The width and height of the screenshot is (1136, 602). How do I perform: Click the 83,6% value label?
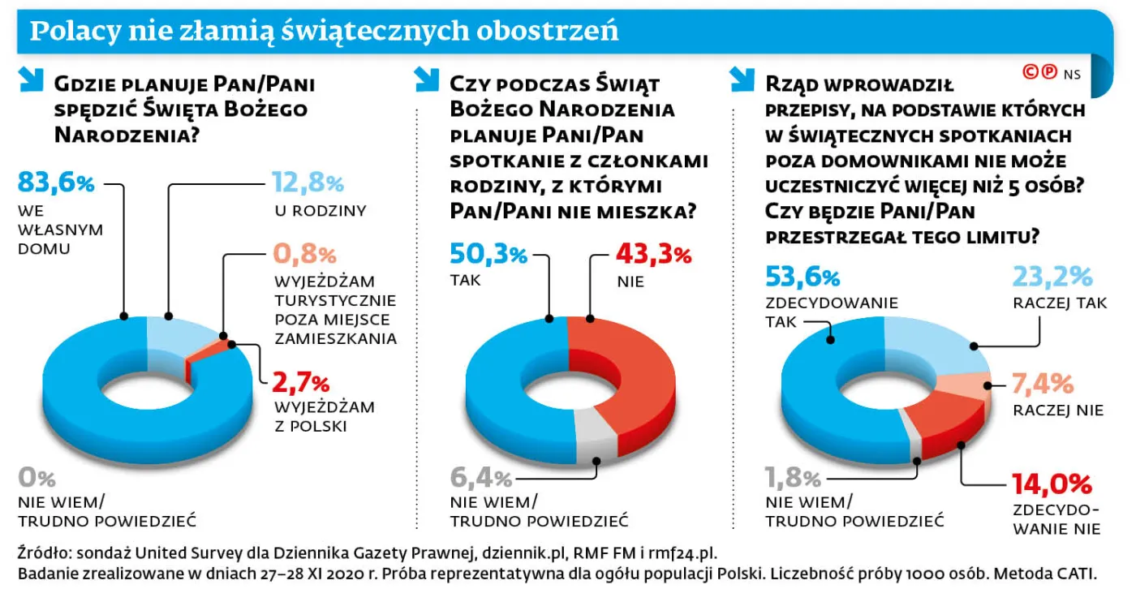(56, 184)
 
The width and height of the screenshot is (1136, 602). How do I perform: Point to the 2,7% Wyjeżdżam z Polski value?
(301, 381)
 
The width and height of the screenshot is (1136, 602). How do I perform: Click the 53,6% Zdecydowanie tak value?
(803, 277)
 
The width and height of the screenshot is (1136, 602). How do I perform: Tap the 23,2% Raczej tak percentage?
(1052, 277)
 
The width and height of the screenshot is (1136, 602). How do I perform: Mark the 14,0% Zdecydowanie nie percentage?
(1051, 484)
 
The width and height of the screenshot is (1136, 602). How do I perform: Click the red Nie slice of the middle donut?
(641, 381)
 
